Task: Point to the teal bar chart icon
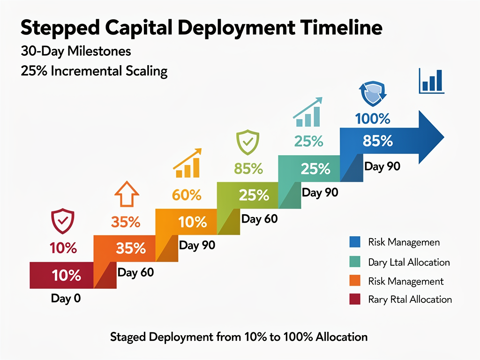[x=308, y=112]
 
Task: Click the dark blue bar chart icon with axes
[x=432, y=81]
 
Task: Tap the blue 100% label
[x=373, y=119]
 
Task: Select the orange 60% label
[x=187, y=195]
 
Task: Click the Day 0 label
[x=66, y=298]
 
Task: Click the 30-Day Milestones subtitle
[x=76, y=51]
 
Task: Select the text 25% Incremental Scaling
[x=94, y=72]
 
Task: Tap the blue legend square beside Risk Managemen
[x=355, y=242]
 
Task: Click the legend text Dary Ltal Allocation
[x=409, y=262]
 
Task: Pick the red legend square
[x=355, y=299]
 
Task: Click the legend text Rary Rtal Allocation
[x=410, y=299]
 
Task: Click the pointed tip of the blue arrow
[x=442, y=135]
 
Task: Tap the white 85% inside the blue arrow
[x=377, y=141]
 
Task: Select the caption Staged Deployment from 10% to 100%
[x=239, y=337]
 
